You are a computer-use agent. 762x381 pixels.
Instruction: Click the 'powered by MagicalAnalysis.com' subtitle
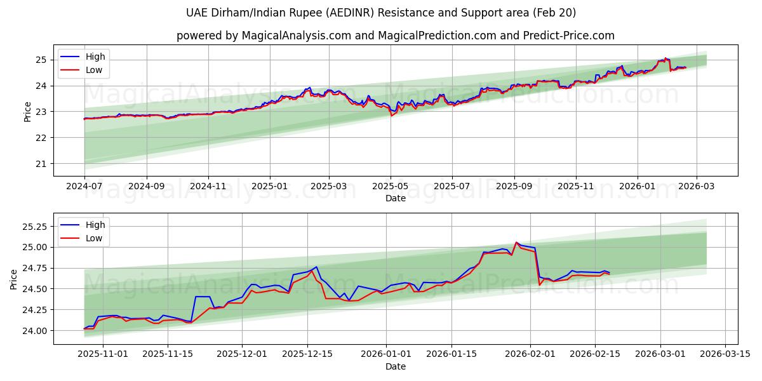pyautogui.click(x=395, y=36)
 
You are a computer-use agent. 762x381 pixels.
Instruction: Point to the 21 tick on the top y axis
pyautogui.click(x=42, y=164)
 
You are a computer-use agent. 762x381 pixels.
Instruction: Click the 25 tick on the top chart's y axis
pyautogui.click(x=42, y=60)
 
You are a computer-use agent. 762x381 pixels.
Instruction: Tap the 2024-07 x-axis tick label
pyautogui.click(x=84, y=187)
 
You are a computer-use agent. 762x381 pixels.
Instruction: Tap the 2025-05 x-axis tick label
pyautogui.click(x=390, y=187)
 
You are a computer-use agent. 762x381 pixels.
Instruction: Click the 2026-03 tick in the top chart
pyautogui.click(x=697, y=187)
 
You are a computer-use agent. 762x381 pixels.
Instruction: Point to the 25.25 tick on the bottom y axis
pyautogui.click(x=36, y=227)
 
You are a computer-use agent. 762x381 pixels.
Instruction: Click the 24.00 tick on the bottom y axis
pyautogui.click(x=36, y=331)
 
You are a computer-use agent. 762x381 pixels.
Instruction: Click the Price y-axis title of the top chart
pyautogui.click(x=27, y=111)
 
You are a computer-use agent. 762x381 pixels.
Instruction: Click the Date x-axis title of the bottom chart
pyautogui.click(x=395, y=366)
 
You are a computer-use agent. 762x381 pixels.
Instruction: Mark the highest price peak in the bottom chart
pyautogui.click(x=516, y=243)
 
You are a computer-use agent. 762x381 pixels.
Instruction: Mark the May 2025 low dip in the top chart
pyautogui.click(x=391, y=116)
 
